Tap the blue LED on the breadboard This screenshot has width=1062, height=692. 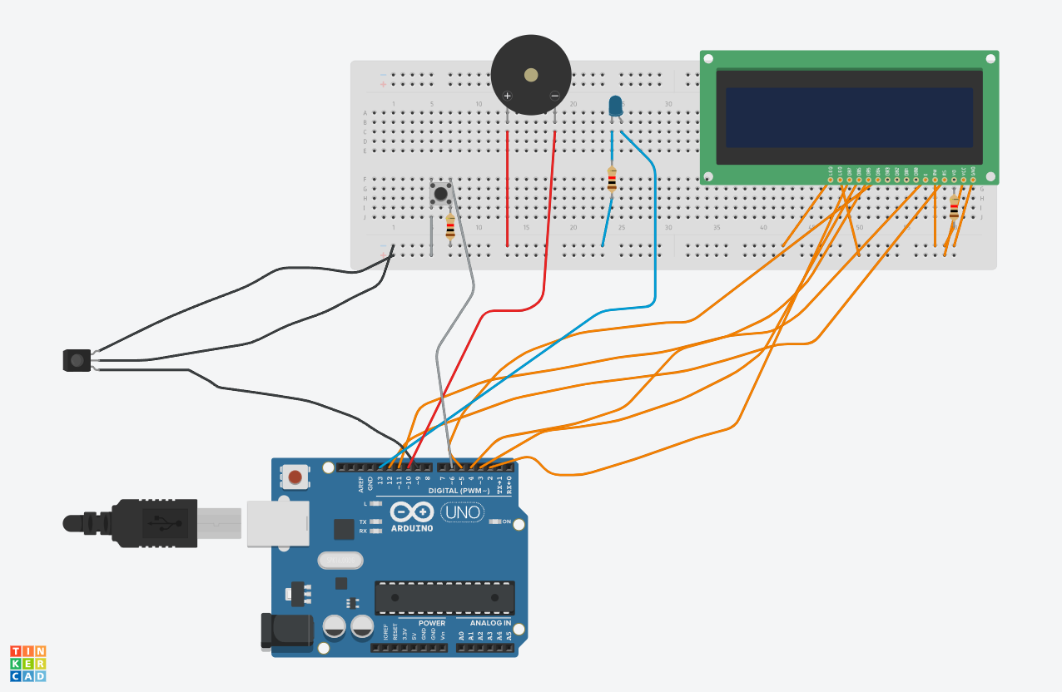coord(615,106)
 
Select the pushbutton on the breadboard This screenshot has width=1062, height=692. coord(440,194)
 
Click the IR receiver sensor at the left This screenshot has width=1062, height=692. coord(76,360)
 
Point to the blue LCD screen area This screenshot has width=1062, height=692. coord(849,117)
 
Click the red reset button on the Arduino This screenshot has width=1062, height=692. coord(295,477)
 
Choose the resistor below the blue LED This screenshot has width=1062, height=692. coord(612,180)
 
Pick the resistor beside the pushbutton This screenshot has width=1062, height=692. coord(450,226)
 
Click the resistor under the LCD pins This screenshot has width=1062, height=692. coord(954,210)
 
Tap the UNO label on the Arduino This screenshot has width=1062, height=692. coord(462,512)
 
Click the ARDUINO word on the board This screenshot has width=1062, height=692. coord(412,528)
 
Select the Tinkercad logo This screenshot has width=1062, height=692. coord(27,663)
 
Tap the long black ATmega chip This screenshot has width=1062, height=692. coord(444,597)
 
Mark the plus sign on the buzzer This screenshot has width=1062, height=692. coord(507,96)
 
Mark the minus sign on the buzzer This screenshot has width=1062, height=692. coord(554,96)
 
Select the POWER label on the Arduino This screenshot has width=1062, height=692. coord(431,623)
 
